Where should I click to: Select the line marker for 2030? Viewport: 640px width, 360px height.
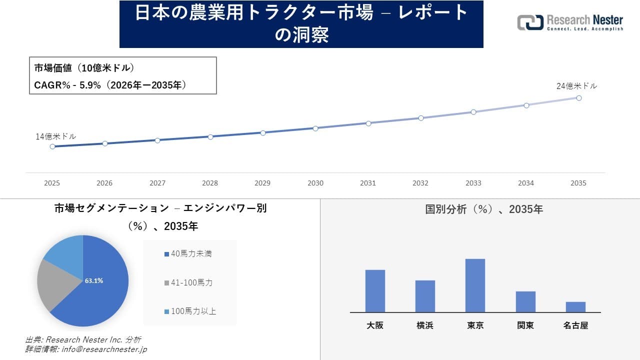(x=315, y=128)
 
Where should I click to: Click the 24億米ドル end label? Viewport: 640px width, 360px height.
(x=576, y=86)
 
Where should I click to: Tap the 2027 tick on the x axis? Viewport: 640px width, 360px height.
(x=157, y=183)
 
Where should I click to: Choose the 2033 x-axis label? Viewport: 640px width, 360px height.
(x=473, y=183)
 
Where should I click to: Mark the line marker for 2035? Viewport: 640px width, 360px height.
(x=578, y=98)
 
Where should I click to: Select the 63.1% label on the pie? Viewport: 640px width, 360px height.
(x=94, y=281)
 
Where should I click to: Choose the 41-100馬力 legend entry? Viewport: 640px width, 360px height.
(x=188, y=282)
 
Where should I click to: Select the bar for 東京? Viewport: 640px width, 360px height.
(x=475, y=285)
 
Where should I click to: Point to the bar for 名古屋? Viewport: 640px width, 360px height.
(x=575, y=307)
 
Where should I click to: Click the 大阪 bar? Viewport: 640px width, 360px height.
(x=375, y=291)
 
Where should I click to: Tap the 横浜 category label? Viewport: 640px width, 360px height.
(x=425, y=325)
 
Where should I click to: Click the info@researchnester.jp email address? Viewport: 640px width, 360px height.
(x=103, y=349)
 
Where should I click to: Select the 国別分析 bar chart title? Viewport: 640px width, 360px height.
(x=483, y=209)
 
